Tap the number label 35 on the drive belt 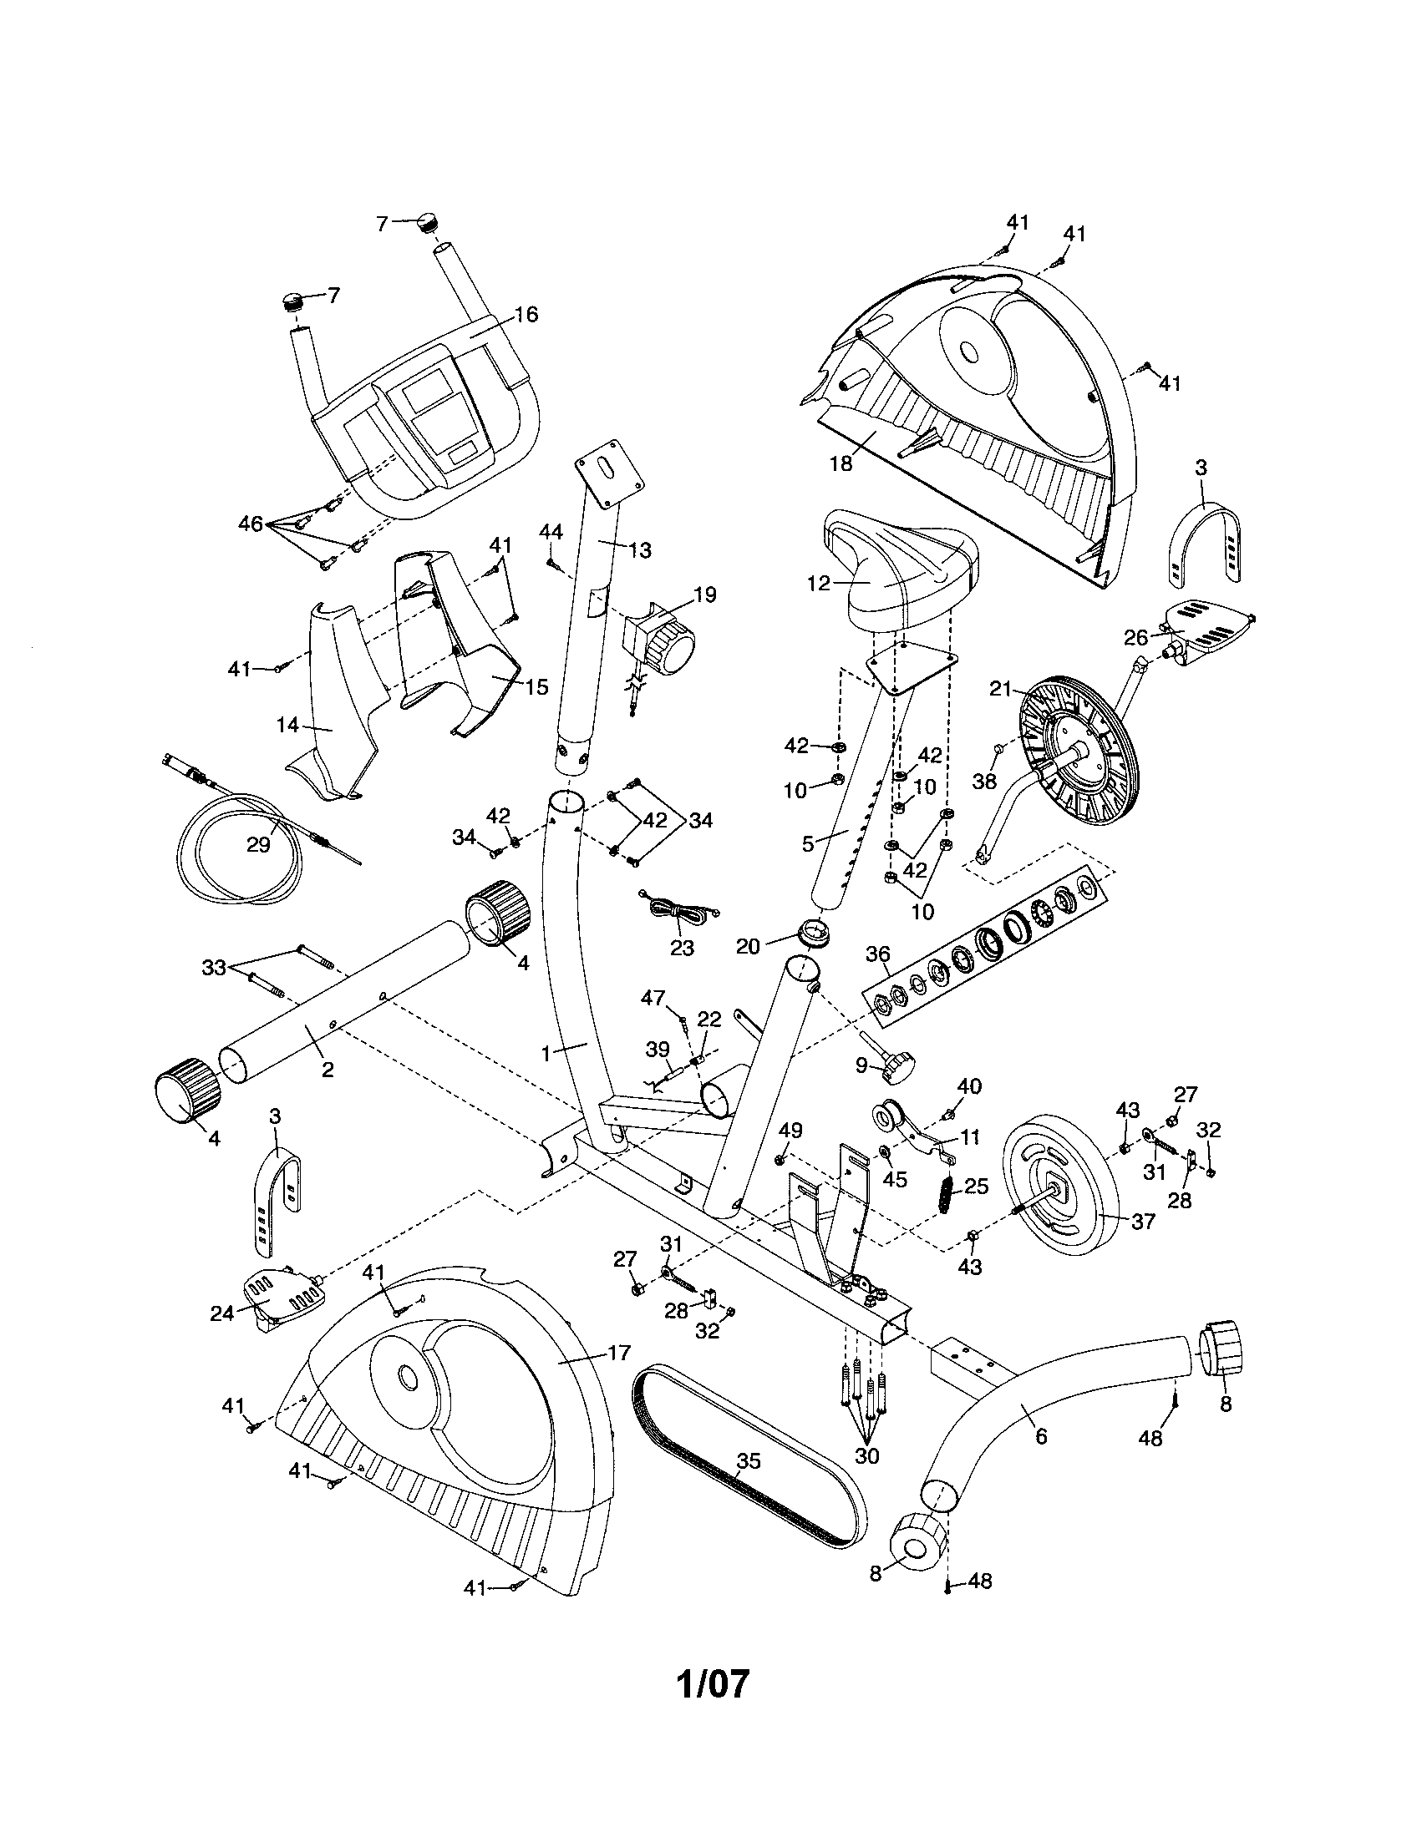point(748,1461)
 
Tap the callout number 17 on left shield point(618,1354)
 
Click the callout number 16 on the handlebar point(526,315)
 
